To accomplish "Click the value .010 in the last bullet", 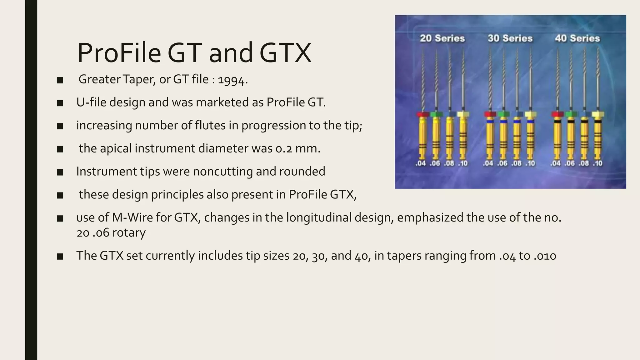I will click(545, 256).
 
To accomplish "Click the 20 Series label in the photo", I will click(442, 38).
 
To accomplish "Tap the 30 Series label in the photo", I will click(510, 38).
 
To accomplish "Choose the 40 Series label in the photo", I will click(577, 38).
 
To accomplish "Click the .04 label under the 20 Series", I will click(421, 163).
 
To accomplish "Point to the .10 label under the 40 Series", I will click(597, 163).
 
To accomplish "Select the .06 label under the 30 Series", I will click(502, 163).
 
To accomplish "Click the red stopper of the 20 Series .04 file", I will click(422, 114).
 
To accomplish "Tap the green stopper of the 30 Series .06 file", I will click(503, 114).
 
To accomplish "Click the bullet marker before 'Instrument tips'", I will click(60, 172).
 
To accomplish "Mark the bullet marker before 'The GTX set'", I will click(60, 257).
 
